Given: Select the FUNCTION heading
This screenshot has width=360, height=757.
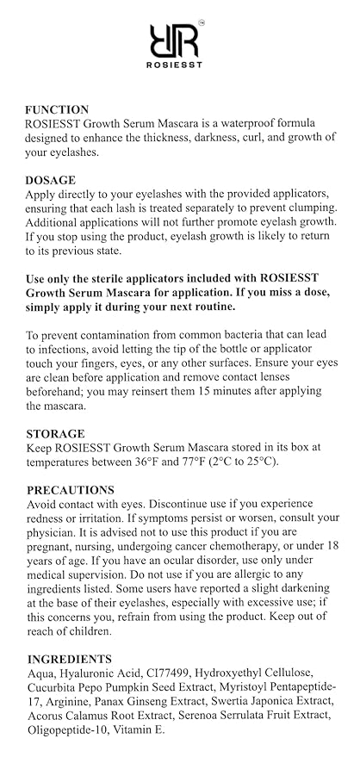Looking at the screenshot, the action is click(x=57, y=109).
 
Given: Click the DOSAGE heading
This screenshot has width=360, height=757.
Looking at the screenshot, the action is click(x=51, y=180).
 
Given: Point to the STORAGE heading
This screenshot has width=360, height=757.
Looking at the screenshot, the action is click(x=55, y=434).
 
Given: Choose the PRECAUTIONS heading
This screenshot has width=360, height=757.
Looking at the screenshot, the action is click(x=71, y=490).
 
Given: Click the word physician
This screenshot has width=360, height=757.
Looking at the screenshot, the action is click(x=51, y=532).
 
